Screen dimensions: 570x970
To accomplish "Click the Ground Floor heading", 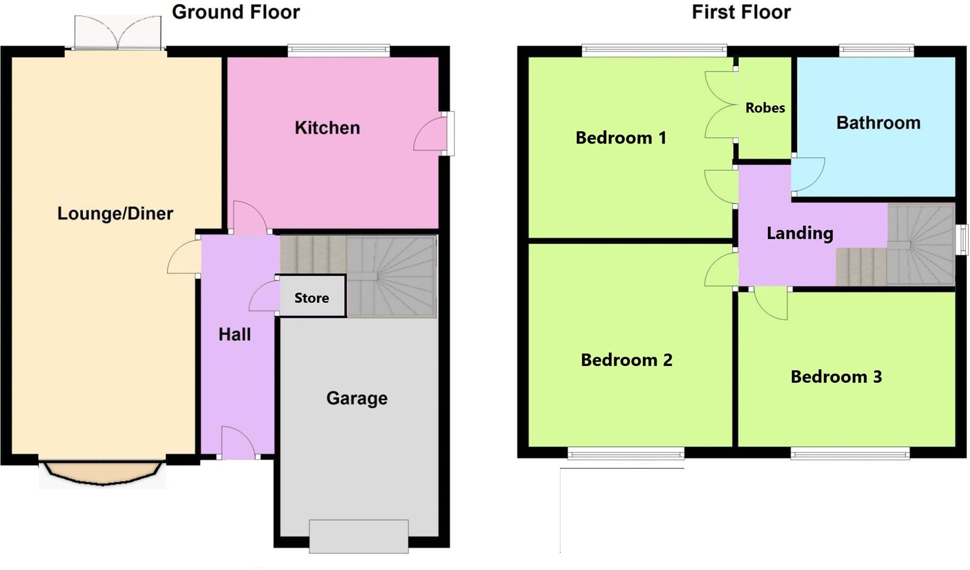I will point(235,12).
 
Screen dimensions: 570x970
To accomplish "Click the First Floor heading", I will point(740,12).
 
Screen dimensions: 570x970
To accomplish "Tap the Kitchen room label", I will point(327,128).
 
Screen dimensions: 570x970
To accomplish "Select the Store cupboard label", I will point(311,298).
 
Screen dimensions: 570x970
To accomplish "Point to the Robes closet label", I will point(765,108).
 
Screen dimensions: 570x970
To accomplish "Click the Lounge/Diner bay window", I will point(102,472).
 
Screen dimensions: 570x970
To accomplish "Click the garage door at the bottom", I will point(358,536).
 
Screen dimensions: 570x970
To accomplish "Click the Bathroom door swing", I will point(807,174).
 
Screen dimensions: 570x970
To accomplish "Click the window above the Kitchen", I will point(338,51).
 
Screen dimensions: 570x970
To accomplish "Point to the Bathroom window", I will point(876,51).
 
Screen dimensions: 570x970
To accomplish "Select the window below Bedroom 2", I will point(626,453).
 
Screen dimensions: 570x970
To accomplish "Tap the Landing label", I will point(800,233).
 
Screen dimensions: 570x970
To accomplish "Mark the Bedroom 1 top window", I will point(654,51).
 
